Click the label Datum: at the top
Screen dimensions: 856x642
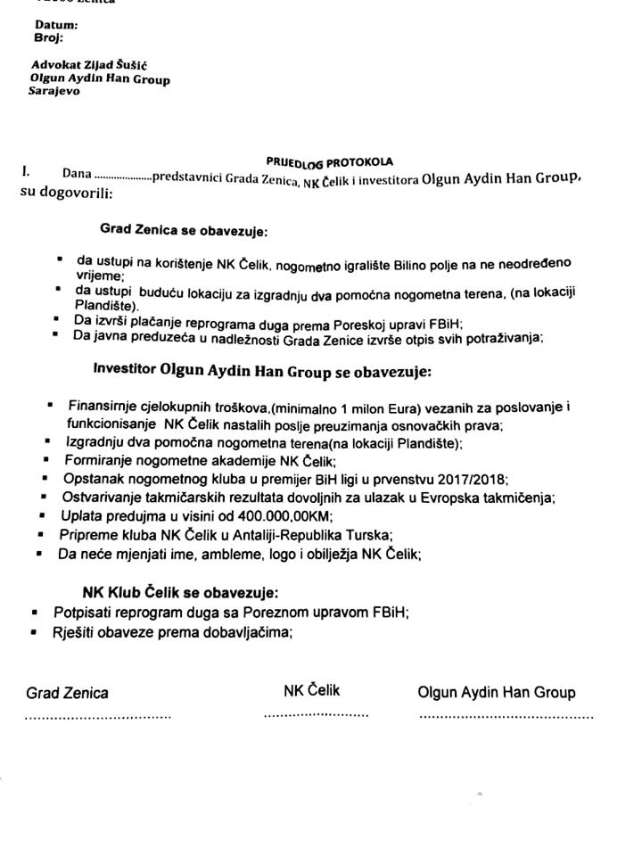point(56,25)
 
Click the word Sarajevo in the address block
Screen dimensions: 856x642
point(54,91)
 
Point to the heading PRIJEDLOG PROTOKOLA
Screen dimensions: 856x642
point(329,162)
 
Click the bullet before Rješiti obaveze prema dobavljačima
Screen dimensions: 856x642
point(34,632)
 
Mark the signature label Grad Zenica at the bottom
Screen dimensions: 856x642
point(68,693)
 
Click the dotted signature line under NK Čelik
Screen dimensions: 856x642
point(316,715)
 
